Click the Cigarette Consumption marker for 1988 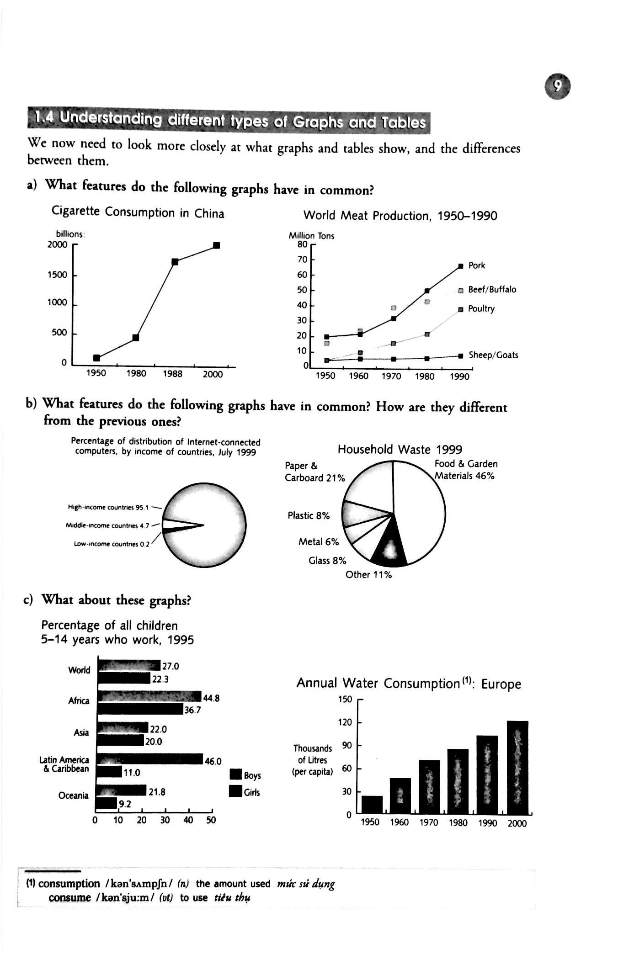[175, 261]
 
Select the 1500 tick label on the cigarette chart [57, 275]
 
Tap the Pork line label [476, 265]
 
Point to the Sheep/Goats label [493, 355]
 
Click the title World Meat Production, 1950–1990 [400, 216]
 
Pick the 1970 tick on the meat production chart [391, 376]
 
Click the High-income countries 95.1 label [108, 507]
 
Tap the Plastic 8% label [309, 515]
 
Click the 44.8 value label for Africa [211, 698]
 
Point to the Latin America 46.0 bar [151, 759]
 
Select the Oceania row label [73, 795]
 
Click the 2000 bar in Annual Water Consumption [517, 768]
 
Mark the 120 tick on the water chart [345, 722]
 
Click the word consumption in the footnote [69, 884]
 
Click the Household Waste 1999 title [400, 450]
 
